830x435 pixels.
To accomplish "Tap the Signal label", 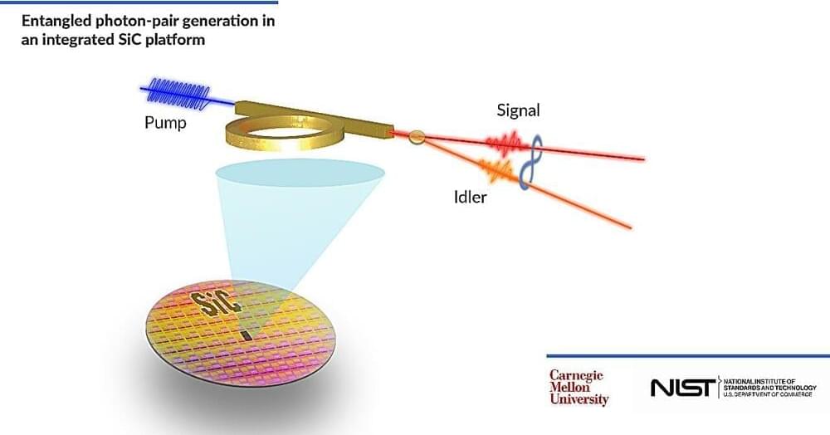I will point(518,110).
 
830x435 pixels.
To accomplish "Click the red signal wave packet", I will point(505,145).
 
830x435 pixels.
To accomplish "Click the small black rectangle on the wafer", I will point(246,335).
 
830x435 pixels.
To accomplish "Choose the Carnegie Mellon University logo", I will point(579,388).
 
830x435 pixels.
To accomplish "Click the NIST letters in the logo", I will point(681,388).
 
